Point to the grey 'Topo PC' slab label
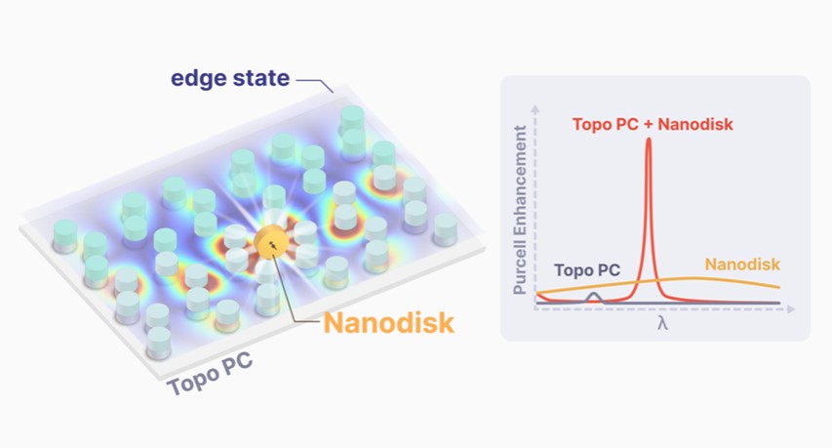coord(210,374)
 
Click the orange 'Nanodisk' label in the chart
coord(742,265)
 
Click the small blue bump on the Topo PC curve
coord(593,296)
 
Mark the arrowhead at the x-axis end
coord(791,307)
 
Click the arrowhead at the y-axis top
coord(535,103)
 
